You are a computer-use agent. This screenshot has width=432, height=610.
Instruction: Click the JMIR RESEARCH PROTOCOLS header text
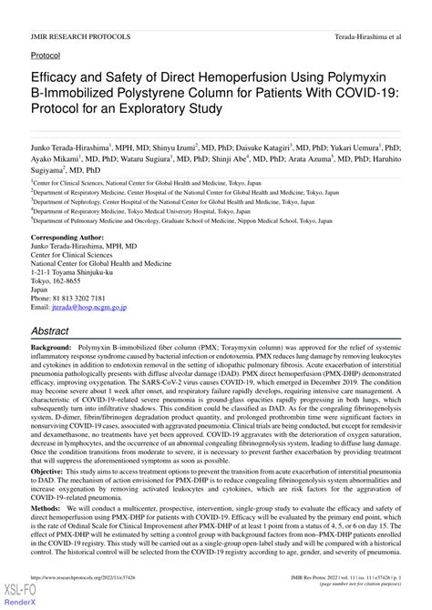point(79,37)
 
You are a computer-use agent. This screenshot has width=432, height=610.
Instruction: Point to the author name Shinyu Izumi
point(173,145)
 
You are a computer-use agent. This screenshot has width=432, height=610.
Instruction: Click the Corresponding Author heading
point(73,236)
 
